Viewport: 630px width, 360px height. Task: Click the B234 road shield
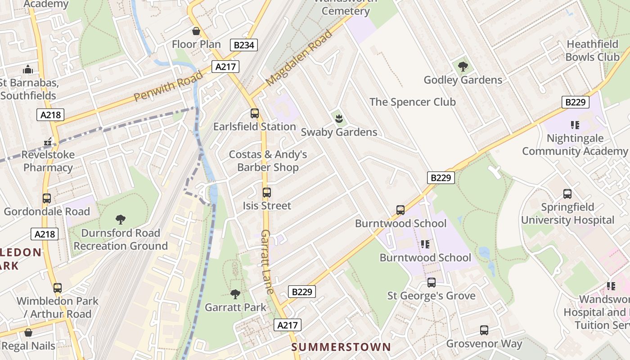click(x=244, y=45)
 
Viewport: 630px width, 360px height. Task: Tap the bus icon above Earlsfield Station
click(x=255, y=113)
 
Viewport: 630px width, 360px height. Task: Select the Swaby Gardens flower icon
click(x=339, y=119)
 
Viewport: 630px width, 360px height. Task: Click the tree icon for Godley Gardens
click(x=463, y=67)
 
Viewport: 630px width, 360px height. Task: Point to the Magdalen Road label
click(x=299, y=58)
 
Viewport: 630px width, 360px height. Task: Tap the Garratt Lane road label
click(x=267, y=262)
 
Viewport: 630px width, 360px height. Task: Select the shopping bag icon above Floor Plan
click(x=196, y=31)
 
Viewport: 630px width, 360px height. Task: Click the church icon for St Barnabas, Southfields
click(x=28, y=70)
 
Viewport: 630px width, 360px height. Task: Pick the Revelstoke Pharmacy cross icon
click(x=48, y=142)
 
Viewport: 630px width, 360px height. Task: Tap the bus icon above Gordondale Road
click(x=47, y=198)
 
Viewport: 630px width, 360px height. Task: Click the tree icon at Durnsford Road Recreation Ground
click(x=120, y=220)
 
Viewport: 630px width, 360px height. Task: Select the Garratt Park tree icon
click(x=235, y=294)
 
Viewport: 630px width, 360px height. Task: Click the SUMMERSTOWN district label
click(x=341, y=347)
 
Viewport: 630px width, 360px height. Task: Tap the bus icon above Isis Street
click(x=267, y=193)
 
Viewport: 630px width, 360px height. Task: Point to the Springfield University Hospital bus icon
click(x=567, y=194)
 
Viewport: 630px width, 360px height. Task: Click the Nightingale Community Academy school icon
click(x=575, y=125)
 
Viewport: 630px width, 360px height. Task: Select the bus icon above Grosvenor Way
click(x=484, y=331)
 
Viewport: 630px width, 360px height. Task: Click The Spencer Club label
click(x=413, y=102)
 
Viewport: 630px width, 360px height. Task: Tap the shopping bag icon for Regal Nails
click(x=28, y=333)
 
